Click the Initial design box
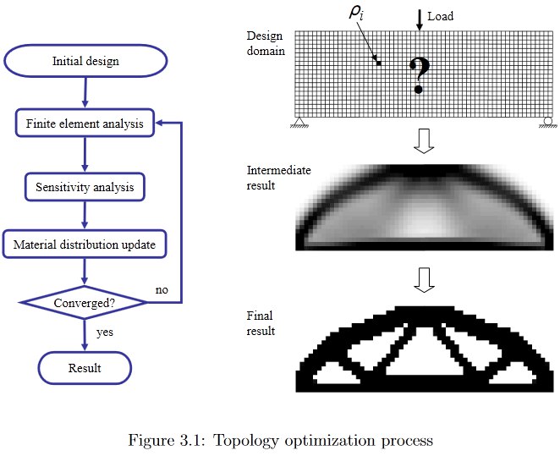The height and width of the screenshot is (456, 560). (x=85, y=61)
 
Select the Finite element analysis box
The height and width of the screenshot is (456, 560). (x=85, y=124)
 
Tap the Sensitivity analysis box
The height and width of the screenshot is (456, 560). (x=85, y=187)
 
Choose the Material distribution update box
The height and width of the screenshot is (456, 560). (x=85, y=244)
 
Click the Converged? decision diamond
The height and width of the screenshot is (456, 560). (x=85, y=303)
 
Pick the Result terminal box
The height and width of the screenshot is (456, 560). (x=85, y=368)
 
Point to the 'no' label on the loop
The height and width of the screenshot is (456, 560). (x=162, y=289)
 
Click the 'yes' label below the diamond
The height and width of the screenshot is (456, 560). (x=105, y=332)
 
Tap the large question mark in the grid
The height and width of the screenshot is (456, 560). (x=420, y=75)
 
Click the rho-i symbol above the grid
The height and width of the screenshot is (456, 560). (x=356, y=13)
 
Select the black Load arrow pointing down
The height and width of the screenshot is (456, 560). (x=420, y=20)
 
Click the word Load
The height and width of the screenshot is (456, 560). (x=441, y=16)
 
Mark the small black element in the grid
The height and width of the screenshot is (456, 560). (x=379, y=63)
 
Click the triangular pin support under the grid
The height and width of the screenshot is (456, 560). (x=299, y=122)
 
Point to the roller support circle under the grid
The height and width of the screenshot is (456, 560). (x=548, y=122)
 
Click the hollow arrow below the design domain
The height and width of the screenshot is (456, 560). (x=424, y=140)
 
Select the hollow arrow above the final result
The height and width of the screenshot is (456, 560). (x=424, y=279)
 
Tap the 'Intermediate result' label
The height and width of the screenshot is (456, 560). (x=278, y=178)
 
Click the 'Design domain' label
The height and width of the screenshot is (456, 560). (x=266, y=43)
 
